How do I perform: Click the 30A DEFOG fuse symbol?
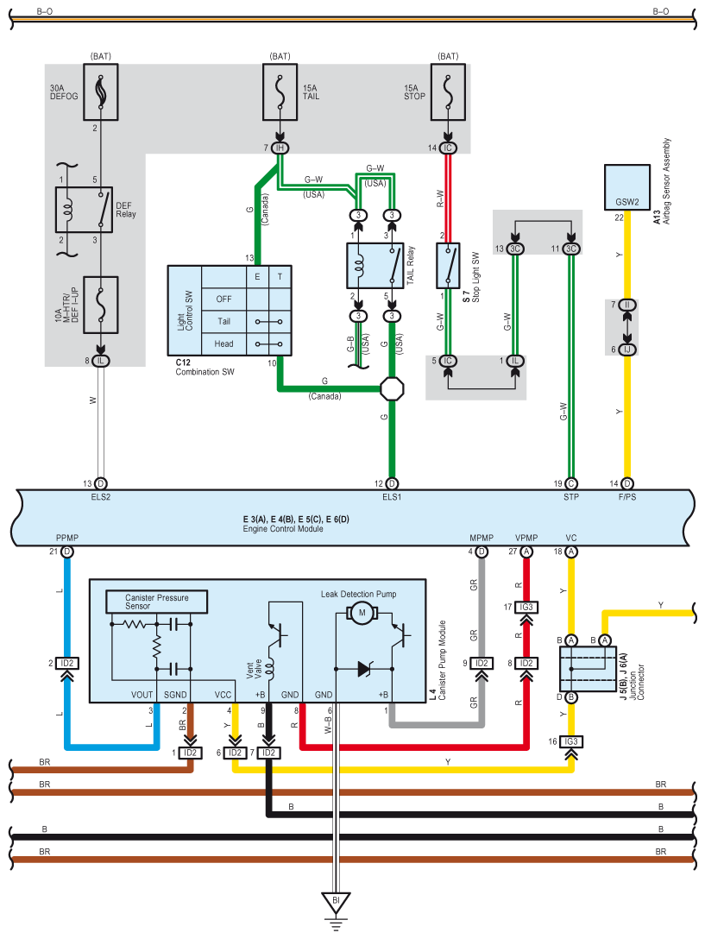tap(101, 91)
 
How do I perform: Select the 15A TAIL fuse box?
tap(280, 91)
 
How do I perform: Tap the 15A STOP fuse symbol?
tap(448, 91)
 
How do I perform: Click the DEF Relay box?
tap(84, 210)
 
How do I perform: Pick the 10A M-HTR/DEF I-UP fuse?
tap(101, 305)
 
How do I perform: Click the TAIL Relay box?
tap(375, 266)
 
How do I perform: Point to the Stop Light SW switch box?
tap(448, 266)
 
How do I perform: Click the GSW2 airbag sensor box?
tap(627, 187)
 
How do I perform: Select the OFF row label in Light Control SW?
tap(223, 299)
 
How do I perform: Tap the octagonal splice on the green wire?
tap(392, 389)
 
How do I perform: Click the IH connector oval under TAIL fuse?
tap(280, 148)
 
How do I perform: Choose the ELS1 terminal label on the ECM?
tap(392, 496)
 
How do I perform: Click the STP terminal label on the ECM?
tap(571, 496)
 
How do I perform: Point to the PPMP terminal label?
tap(67, 538)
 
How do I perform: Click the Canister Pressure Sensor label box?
tap(156, 602)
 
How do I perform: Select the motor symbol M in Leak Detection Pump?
tap(362, 613)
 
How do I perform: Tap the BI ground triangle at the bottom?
tap(336, 902)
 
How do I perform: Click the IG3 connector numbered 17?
tap(526, 608)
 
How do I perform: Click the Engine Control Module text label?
tap(283, 529)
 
